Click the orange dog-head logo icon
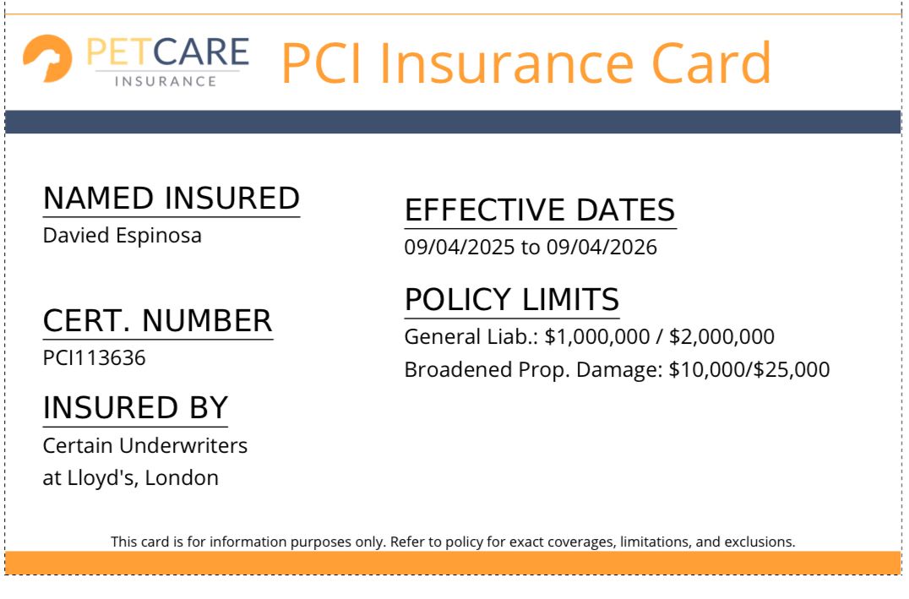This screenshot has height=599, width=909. (x=47, y=58)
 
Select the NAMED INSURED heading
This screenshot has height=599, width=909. (x=171, y=199)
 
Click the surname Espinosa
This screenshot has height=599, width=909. (x=158, y=236)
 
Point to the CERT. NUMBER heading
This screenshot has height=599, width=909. (x=158, y=321)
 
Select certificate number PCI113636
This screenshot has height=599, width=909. (x=94, y=357)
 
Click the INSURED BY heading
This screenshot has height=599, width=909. (x=135, y=408)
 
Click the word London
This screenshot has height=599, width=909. (x=182, y=478)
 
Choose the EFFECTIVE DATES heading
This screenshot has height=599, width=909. (x=541, y=210)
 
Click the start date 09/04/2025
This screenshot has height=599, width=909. (x=459, y=248)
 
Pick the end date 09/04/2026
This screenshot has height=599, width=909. (x=601, y=248)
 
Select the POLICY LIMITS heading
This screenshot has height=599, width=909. (x=512, y=300)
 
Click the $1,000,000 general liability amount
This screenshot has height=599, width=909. (x=597, y=337)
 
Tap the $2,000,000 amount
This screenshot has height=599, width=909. (x=721, y=337)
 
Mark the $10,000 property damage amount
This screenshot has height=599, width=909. (x=707, y=370)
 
